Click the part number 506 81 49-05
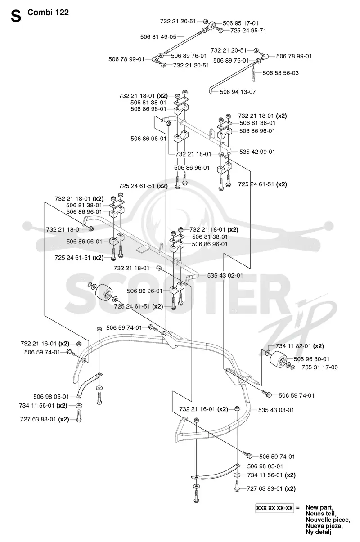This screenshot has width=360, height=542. tap(158, 37)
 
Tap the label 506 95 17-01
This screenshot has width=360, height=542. tap(241, 23)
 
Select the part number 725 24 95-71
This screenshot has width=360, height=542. tap(248, 31)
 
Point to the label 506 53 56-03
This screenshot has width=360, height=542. tap(281, 73)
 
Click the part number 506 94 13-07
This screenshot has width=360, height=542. tap(238, 92)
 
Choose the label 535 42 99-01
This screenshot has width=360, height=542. tap(257, 152)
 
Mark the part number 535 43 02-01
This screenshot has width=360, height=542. tap(225, 276)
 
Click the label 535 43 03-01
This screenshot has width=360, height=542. tap(276, 410)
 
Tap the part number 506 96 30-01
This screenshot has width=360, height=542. tap(311, 359)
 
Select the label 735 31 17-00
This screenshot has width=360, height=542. tap(319, 367)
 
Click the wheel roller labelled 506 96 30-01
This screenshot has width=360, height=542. tap(278, 358)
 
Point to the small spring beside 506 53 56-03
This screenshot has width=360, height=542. tap(253, 72)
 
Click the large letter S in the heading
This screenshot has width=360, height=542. tap(16, 17)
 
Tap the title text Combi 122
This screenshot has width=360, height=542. tap(48, 13)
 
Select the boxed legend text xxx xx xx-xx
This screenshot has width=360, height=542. tap(274, 508)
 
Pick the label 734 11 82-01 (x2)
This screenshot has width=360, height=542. tap(300, 346)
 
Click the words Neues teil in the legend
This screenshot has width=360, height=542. tap(321, 514)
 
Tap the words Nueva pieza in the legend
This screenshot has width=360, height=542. tap(324, 526)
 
